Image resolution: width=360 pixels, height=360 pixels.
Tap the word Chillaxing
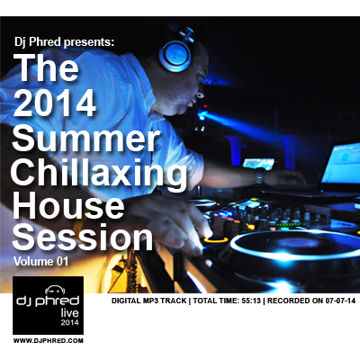(x=99, y=173)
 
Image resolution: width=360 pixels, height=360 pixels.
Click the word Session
(x=83, y=238)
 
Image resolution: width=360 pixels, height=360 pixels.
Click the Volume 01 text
(x=41, y=261)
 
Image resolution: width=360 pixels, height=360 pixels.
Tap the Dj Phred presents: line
(x=64, y=42)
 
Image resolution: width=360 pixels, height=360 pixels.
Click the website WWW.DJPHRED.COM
(x=49, y=340)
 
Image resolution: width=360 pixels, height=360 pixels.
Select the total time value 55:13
(x=251, y=301)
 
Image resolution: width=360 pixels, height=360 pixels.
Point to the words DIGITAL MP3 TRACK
(x=148, y=301)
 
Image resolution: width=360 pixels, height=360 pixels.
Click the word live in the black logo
(x=69, y=313)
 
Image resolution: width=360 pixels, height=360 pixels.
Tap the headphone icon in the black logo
(x=55, y=291)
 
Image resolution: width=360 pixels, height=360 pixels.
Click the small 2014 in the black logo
(x=70, y=323)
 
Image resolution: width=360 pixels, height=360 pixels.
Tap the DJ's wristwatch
(x=260, y=177)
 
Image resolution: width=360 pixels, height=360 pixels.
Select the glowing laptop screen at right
(x=341, y=164)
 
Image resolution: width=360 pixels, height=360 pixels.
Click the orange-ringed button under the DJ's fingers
(x=216, y=239)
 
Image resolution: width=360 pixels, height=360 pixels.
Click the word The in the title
(x=48, y=67)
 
